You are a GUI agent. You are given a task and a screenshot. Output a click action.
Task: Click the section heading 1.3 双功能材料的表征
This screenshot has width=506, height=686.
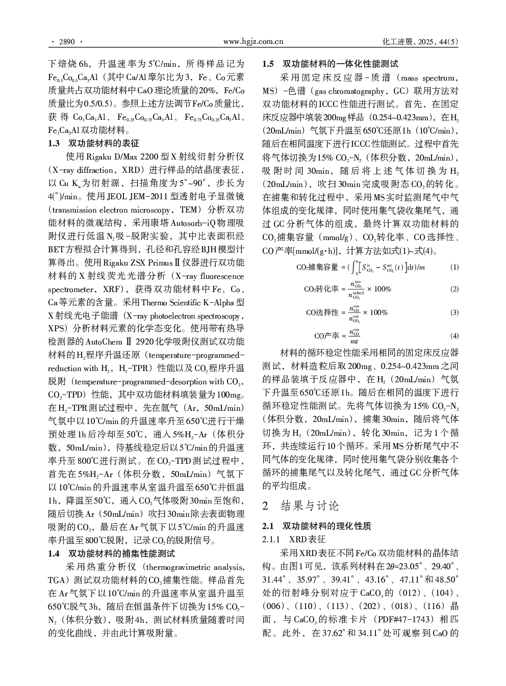tap(93, 143)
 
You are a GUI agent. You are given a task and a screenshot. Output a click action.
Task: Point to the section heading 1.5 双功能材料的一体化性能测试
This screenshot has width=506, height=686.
tap(330, 64)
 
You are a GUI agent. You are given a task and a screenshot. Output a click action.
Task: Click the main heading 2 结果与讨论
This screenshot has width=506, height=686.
tap(300, 506)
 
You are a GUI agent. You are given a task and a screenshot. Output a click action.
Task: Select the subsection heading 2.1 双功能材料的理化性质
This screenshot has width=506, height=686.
tap(317, 526)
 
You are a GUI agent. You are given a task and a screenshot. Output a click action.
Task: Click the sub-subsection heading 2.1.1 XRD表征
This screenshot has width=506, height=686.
tap(294, 539)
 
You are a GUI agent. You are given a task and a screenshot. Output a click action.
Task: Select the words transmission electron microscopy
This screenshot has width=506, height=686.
tap(112, 210)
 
